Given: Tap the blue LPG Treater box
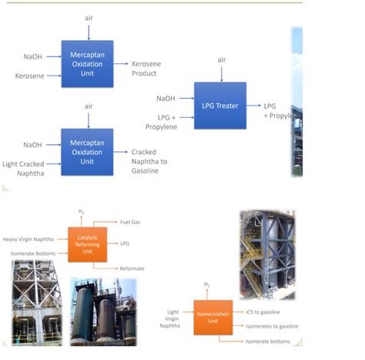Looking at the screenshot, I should pos(220,106).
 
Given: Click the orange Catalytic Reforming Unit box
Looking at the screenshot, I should pos(87,244).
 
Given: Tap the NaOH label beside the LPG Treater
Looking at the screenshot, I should pos(165,98).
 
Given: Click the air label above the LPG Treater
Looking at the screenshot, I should pos(221,59).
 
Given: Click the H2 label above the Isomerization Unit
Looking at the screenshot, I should pos(206,284).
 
